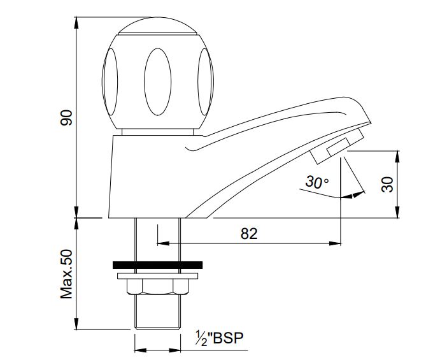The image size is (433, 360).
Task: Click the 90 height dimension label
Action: pos(66,119)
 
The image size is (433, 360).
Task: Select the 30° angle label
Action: pos(316,182)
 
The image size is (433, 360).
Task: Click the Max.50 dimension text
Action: pos(67,274)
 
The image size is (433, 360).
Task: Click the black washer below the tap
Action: pos(157,264)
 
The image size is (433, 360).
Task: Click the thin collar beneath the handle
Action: pos(157,131)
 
